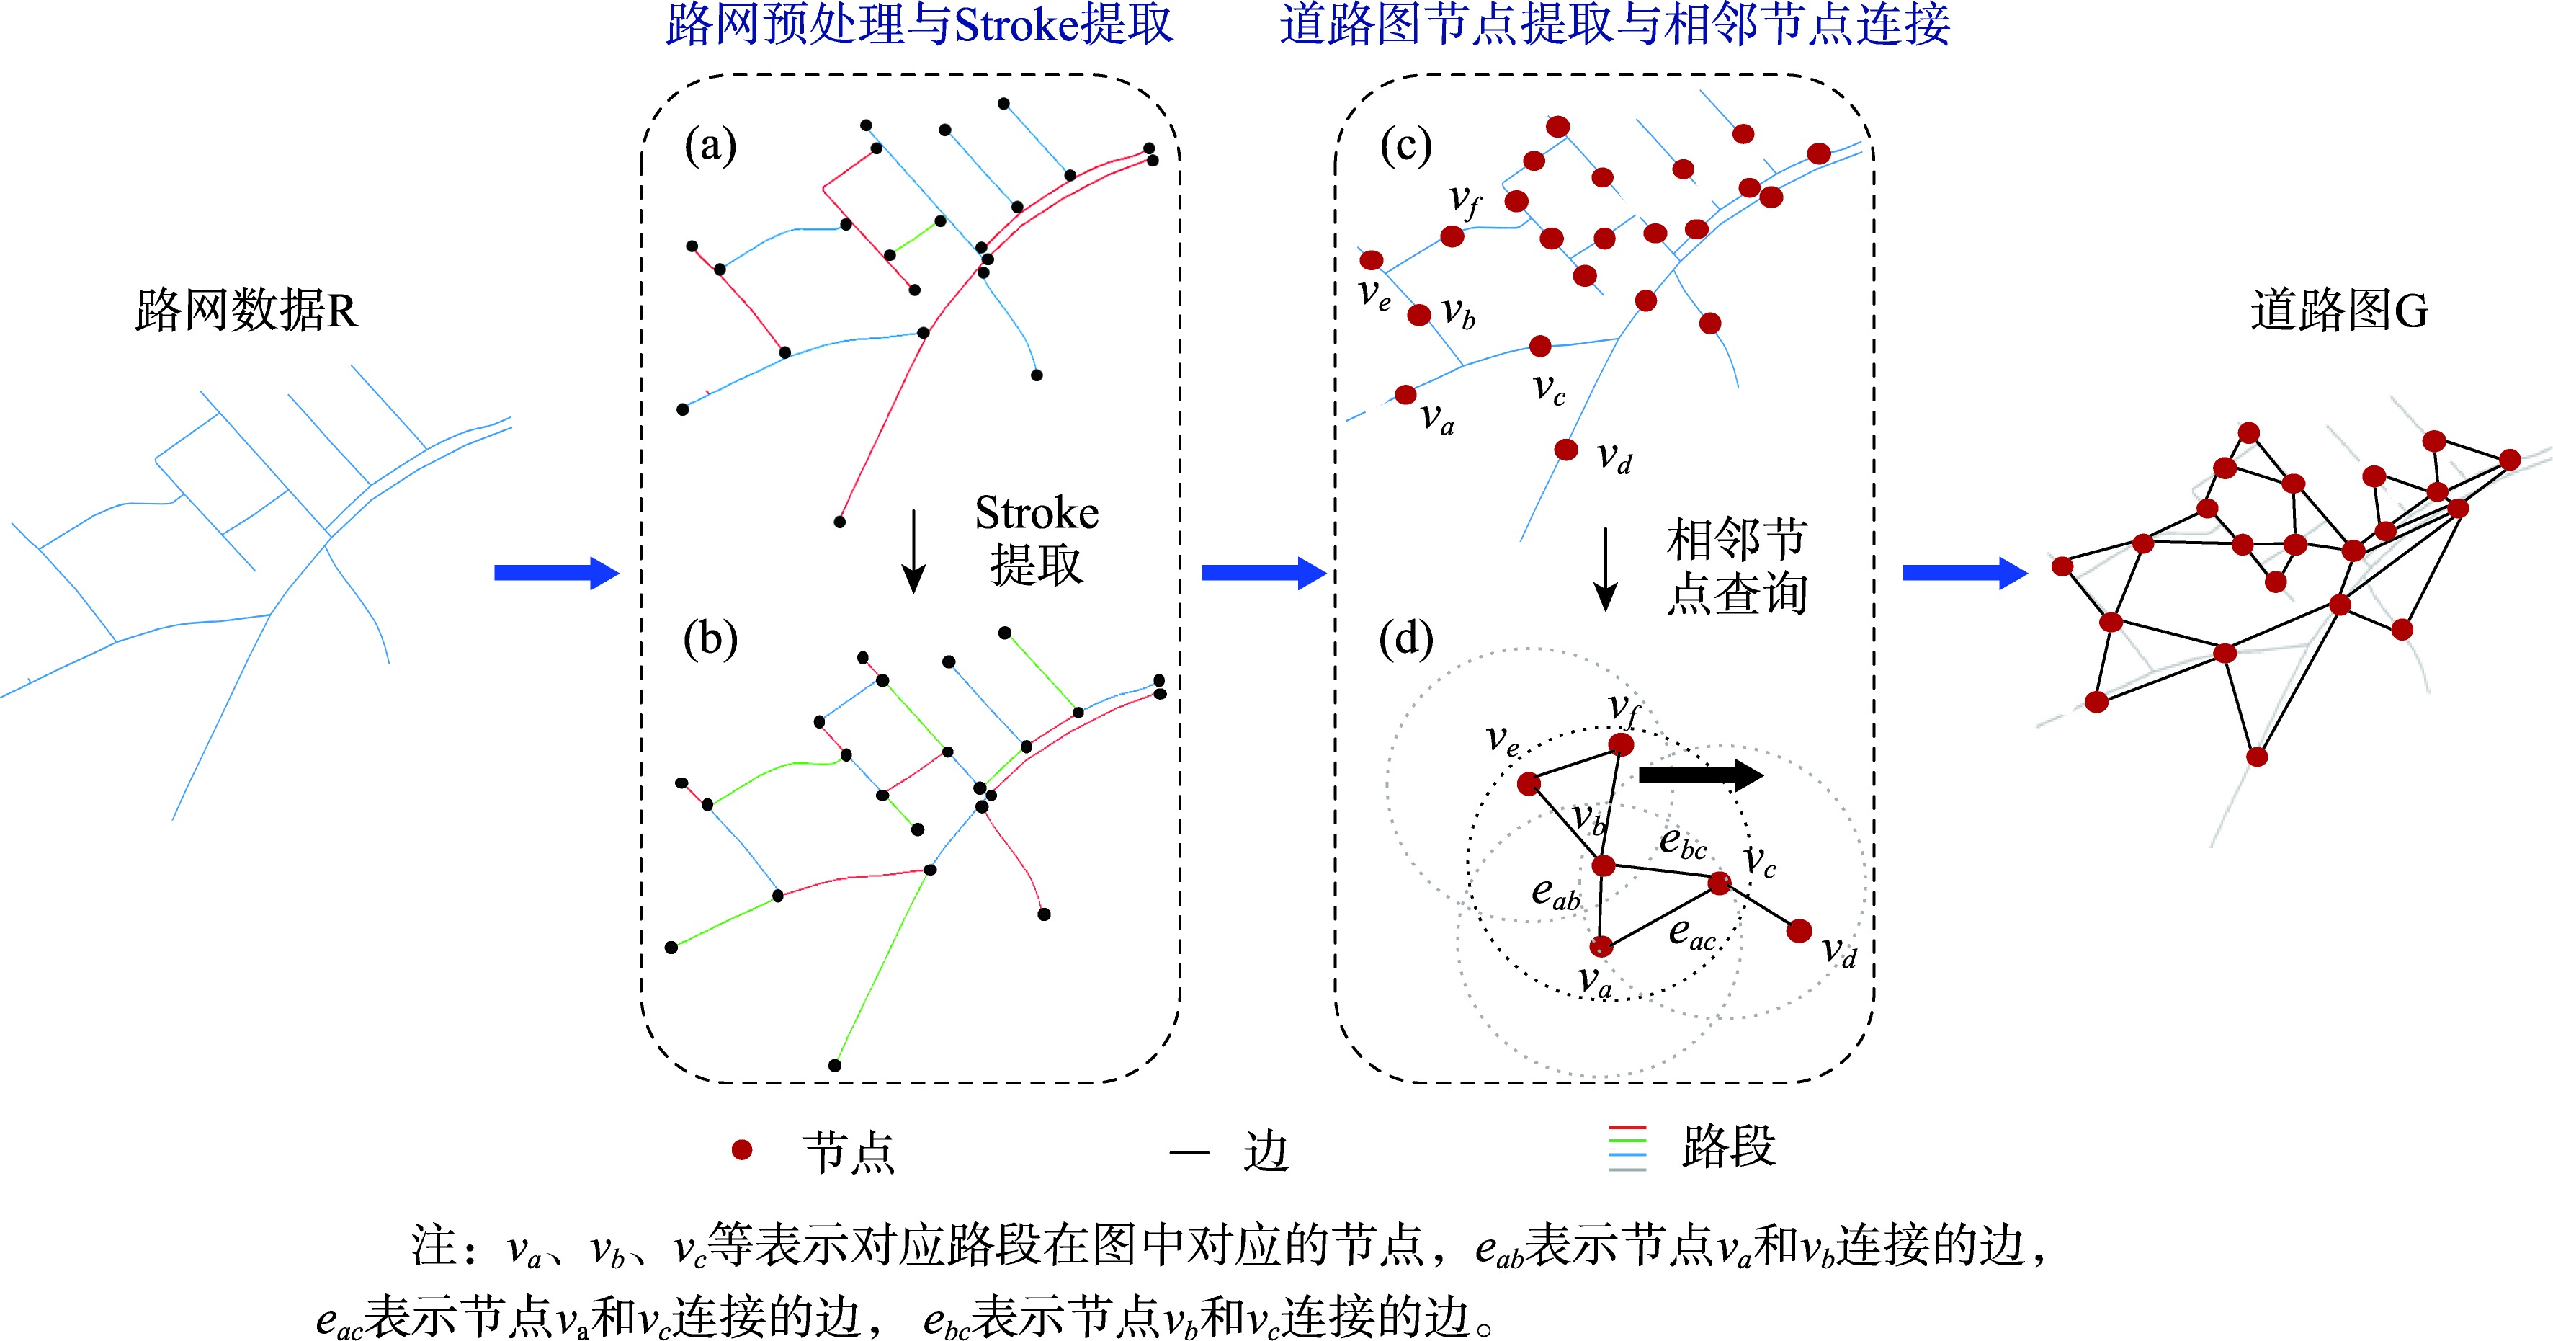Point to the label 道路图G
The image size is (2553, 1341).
pos(2339,311)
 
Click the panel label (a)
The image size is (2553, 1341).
pos(710,147)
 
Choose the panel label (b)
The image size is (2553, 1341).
pos(710,639)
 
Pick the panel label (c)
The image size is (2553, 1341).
pos(1406,147)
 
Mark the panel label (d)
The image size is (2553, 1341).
pos(1406,639)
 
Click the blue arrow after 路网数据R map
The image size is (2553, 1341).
pos(557,573)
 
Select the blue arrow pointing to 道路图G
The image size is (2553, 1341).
pos(1965,573)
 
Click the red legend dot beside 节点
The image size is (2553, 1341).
pos(741,1150)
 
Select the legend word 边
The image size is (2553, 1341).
pos(1266,1151)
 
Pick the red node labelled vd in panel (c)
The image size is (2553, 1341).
pos(1566,450)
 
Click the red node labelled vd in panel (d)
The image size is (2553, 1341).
pos(1799,931)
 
